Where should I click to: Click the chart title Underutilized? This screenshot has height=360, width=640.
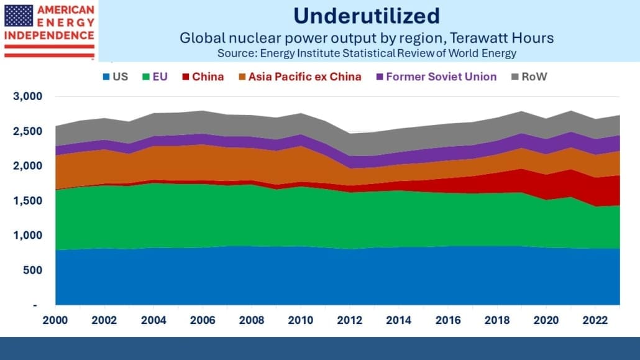point(367,16)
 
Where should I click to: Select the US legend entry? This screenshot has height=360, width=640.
point(116,77)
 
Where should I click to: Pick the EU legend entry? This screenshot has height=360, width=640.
point(155,77)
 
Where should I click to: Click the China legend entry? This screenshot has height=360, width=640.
point(203,77)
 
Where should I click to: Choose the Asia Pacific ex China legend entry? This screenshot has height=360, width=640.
point(300,77)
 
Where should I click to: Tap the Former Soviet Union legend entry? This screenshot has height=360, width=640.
point(436,77)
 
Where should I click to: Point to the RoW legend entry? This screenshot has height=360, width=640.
point(529,77)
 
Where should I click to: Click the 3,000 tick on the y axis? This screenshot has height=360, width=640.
point(28,96)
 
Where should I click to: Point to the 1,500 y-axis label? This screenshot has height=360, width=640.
point(28,201)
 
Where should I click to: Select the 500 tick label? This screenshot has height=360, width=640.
point(33,270)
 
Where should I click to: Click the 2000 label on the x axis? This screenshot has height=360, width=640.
point(55,320)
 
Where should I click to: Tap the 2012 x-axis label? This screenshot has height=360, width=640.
point(350,320)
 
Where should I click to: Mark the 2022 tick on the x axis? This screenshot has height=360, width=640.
point(595,320)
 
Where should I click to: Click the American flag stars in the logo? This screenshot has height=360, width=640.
point(19,16)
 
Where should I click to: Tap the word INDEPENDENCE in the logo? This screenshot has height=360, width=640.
point(49,35)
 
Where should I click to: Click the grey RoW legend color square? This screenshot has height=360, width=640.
point(515,77)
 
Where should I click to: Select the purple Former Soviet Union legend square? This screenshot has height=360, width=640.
point(380,77)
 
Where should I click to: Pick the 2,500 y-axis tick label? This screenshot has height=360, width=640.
point(28,132)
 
